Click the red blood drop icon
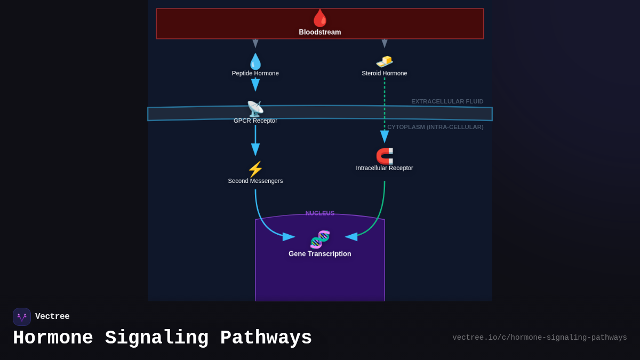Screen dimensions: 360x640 point(319,18)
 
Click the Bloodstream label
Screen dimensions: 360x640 point(319,32)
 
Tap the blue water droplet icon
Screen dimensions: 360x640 point(255,61)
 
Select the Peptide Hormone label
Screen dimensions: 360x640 point(255,73)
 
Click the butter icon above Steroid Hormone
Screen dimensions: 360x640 point(385,61)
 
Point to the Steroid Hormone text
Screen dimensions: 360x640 point(384,73)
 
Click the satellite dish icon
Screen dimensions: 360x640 point(255,109)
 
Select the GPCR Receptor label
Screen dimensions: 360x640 point(255,121)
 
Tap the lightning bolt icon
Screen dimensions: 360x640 point(255,169)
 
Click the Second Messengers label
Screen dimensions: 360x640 point(255,181)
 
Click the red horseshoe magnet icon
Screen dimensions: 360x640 point(385,156)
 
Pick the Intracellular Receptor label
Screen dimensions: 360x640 point(384,168)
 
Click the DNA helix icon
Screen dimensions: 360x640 point(320,239)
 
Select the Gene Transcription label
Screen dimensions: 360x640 point(319,254)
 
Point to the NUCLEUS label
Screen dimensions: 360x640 point(319,213)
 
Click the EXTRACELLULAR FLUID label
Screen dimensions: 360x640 point(447,101)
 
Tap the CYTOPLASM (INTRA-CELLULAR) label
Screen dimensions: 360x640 point(435,127)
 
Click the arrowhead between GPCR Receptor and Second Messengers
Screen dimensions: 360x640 point(255,149)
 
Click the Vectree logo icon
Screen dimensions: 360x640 point(22,317)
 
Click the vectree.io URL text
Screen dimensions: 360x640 point(539,338)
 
